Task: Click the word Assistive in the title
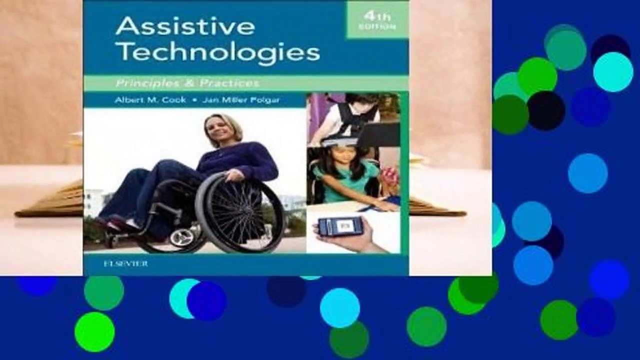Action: pyautogui.click(x=185, y=27)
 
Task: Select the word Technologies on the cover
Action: pyautogui.click(x=217, y=52)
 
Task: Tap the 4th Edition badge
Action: pyautogui.click(x=377, y=21)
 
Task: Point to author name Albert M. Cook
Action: pyautogui.click(x=150, y=100)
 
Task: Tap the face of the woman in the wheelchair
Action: pyautogui.click(x=220, y=131)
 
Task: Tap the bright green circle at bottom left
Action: pyautogui.click(x=94, y=331)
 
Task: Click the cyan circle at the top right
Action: pyautogui.click(x=613, y=72)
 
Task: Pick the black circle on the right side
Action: pyautogui.click(x=545, y=110)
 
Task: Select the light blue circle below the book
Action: pyautogui.click(x=339, y=307)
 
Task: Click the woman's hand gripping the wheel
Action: pyautogui.click(x=233, y=175)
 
